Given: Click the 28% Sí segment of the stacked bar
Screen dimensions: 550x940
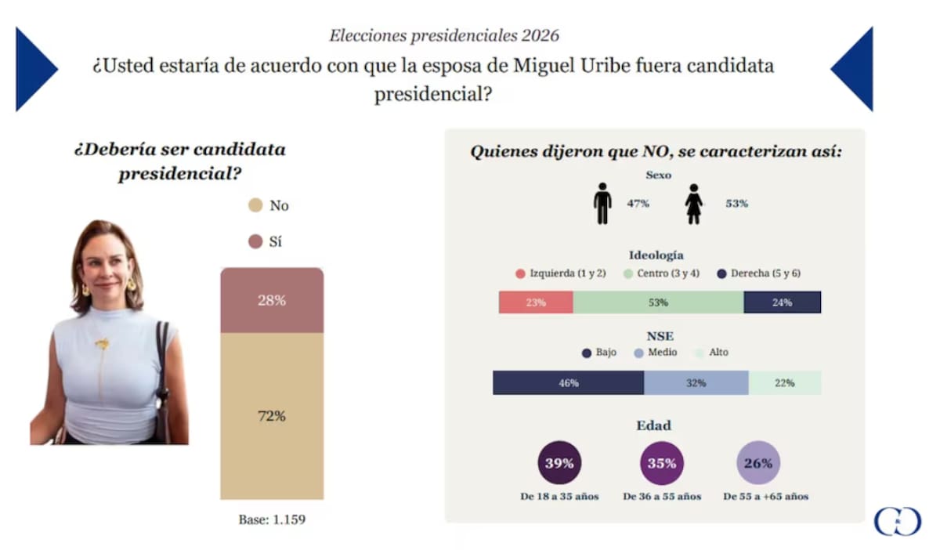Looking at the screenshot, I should (x=271, y=301).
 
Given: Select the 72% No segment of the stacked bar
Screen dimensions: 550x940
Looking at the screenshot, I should (x=271, y=416).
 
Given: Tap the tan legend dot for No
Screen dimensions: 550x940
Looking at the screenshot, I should (x=255, y=206).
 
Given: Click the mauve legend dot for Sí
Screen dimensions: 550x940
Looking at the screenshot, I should (x=255, y=242).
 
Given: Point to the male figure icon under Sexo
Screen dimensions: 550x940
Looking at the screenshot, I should (x=602, y=204).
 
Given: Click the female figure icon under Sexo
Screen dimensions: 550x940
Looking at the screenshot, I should (x=694, y=204).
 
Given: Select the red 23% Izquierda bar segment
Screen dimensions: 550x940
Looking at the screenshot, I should (x=536, y=302).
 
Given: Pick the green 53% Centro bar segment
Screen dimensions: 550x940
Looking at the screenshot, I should (x=658, y=302).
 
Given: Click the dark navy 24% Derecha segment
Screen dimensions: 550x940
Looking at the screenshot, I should (x=782, y=302).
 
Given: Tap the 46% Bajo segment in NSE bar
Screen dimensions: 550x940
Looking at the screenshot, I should (x=568, y=383).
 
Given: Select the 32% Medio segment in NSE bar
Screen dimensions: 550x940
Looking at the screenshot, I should (x=696, y=383).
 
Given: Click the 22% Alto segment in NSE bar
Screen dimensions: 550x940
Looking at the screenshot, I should (x=784, y=383).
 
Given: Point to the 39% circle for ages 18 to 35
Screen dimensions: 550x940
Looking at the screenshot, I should (x=559, y=463).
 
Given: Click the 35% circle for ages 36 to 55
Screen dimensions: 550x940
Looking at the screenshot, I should (x=662, y=463).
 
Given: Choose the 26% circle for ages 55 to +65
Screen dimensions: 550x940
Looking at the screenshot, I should (x=758, y=463).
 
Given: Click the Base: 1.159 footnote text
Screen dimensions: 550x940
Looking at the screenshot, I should (x=271, y=519).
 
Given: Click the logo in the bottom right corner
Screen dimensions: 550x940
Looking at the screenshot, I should (x=898, y=522).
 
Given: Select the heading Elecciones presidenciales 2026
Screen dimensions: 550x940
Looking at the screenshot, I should (x=444, y=35).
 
